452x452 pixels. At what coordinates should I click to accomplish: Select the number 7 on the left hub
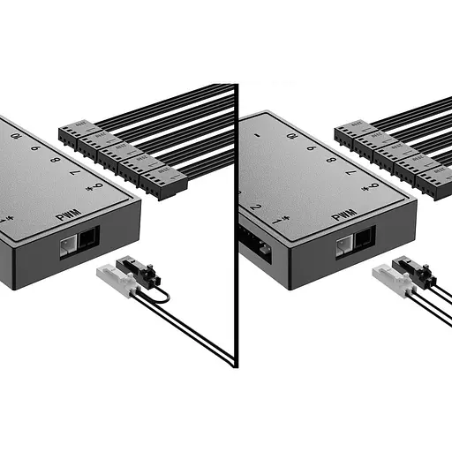click(x=75, y=173)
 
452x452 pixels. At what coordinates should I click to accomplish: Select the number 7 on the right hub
click(x=352, y=174)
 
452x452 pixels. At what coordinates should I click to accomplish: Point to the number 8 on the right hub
click(x=331, y=162)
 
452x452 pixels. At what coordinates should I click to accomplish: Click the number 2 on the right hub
click(x=255, y=207)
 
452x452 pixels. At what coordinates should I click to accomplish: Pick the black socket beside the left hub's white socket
click(x=87, y=239)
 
